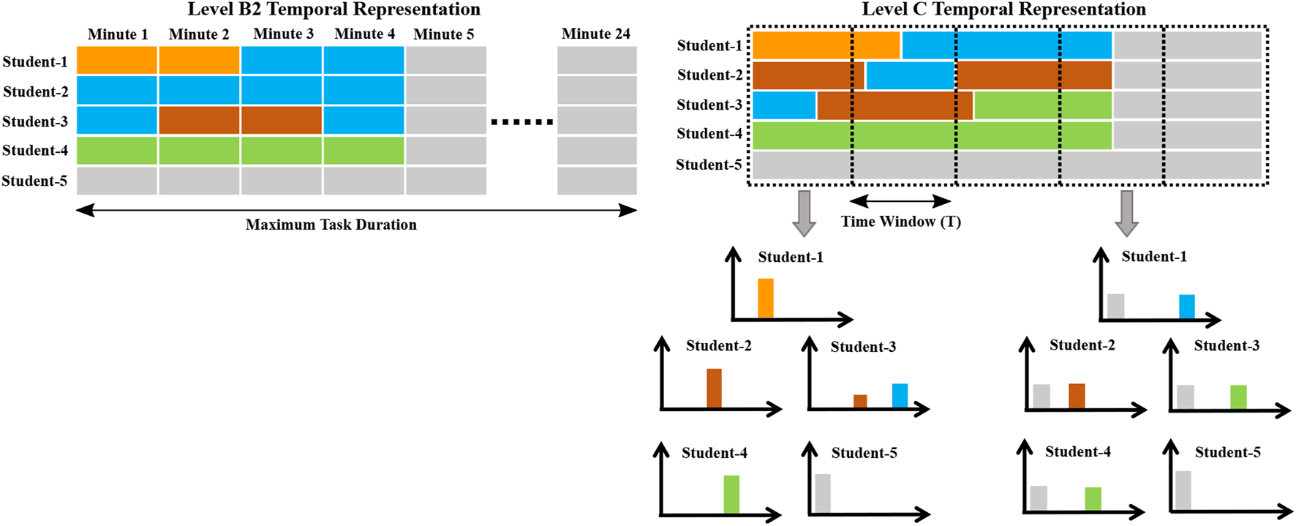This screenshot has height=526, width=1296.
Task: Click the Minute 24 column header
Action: [595, 34]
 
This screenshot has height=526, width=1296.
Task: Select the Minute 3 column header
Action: [283, 34]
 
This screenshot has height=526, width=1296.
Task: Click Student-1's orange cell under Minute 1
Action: [117, 60]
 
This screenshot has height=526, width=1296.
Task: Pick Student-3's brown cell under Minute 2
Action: [199, 120]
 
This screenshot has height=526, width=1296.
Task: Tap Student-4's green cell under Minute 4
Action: [363, 150]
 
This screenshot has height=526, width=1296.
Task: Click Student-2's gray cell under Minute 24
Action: [597, 90]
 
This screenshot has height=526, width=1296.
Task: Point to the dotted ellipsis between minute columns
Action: [521, 122]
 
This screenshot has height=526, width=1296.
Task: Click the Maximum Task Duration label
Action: [331, 225]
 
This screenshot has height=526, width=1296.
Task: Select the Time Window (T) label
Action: [900, 221]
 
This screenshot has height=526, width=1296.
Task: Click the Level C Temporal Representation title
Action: [1003, 10]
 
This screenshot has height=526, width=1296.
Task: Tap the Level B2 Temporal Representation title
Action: [334, 10]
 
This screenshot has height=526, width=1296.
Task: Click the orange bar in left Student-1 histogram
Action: [765, 298]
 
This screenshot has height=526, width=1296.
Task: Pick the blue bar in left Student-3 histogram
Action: [900, 395]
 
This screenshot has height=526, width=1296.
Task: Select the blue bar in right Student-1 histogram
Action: [1186, 307]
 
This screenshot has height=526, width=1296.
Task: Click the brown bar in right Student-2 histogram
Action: [1076, 395]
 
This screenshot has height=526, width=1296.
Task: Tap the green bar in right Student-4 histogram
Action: [1093, 498]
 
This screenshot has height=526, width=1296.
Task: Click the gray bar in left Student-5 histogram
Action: [823, 493]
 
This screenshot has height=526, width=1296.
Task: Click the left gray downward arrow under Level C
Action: [805, 213]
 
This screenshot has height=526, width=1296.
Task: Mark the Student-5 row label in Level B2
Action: [34, 181]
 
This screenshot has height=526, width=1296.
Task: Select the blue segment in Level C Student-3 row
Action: [784, 105]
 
